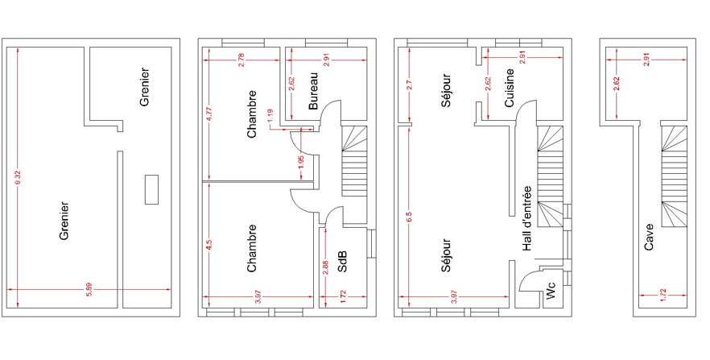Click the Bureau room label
tap(313, 91)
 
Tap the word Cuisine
tap(510, 88)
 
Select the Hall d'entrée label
tap(526, 219)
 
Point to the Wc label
tap(551, 291)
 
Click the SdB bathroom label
tap(343, 262)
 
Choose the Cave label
tap(649, 237)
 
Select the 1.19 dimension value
tap(270, 114)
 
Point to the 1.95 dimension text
tap(302, 162)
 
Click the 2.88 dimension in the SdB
tap(325, 268)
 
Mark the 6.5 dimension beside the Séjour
tap(409, 217)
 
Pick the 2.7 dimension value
tap(409, 85)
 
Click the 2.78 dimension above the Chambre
tap(241, 60)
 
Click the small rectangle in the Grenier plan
tap(151, 190)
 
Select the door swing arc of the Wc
tap(525, 277)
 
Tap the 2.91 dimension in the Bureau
tap(328, 60)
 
